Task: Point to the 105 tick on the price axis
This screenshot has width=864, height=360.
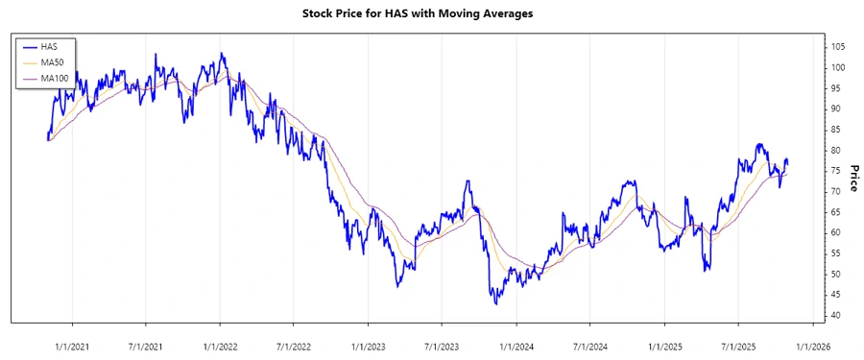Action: click(838, 47)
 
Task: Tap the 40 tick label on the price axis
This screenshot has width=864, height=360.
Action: click(836, 316)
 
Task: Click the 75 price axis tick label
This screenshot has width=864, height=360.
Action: click(836, 171)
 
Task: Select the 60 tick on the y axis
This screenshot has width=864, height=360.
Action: click(836, 233)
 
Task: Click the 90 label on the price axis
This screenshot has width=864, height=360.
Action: click(836, 109)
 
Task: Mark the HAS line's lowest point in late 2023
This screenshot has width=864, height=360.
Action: click(495, 304)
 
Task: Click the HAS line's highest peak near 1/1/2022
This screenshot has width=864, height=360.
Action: click(222, 54)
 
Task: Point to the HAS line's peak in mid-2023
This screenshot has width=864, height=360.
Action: click(468, 180)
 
